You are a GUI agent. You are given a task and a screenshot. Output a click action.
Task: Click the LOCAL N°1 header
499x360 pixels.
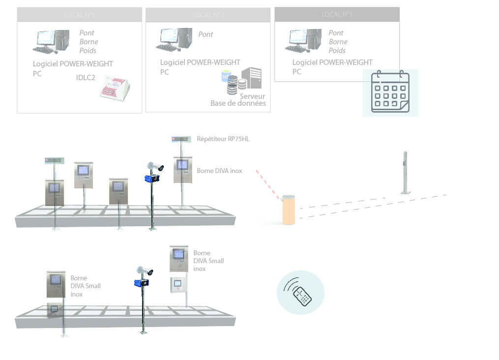[x=79, y=15]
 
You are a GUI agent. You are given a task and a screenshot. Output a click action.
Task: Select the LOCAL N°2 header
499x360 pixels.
[x=208, y=15]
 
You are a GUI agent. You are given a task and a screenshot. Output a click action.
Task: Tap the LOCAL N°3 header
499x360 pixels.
[x=337, y=14]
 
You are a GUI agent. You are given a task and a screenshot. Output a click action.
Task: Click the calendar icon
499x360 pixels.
[x=390, y=92]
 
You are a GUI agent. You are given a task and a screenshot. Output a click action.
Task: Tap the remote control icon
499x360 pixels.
[x=301, y=292]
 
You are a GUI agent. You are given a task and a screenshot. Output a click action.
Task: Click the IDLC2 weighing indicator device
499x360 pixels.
[x=115, y=89]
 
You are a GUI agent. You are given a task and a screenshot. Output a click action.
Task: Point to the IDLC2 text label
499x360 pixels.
[x=86, y=78]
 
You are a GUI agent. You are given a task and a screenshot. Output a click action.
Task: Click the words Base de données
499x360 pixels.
[x=238, y=103]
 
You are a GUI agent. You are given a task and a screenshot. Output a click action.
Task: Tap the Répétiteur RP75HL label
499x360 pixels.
[x=223, y=139]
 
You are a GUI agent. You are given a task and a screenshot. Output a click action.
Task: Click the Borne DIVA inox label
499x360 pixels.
[x=219, y=171]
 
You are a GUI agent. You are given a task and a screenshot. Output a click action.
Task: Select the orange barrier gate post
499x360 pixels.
[x=289, y=210]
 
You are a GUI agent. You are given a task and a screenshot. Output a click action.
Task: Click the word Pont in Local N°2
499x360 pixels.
[x=205, y=34]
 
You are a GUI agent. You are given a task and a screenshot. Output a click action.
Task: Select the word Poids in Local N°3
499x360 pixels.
[x=337, y=51]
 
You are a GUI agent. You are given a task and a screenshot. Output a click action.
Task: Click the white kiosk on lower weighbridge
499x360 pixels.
[x=179, y=285]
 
